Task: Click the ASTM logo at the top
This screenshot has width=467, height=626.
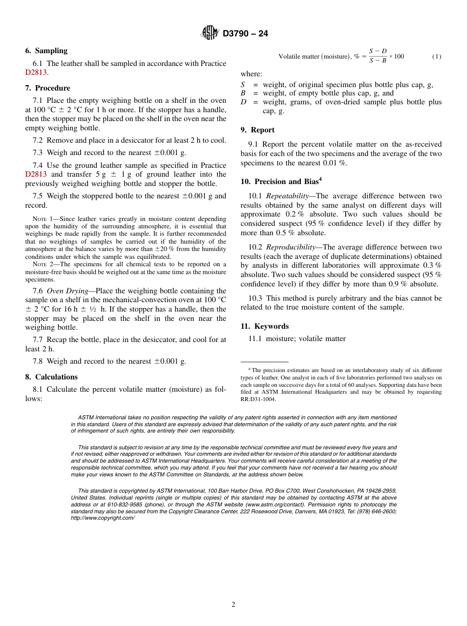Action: tap(210, 33)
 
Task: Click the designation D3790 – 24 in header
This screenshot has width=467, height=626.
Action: tap(245, 34)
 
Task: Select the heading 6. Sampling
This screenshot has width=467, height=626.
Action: tap(46, 51)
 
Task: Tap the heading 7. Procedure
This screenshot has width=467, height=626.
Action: tap(48, 88)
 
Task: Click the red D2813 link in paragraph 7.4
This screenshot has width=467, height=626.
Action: tap(36, 174)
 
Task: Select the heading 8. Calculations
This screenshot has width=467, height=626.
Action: tap(51, 377)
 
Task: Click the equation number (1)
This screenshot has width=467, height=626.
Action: tap(437, 57)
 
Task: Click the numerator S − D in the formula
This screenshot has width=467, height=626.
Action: tap(378, 51)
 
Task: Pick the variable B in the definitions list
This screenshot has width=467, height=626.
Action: tap(243, 93)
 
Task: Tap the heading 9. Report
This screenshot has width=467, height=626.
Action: tap(257, 130)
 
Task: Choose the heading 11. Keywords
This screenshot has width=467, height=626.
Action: tap(264, 326)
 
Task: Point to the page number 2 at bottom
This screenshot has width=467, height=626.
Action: tap(233, 605)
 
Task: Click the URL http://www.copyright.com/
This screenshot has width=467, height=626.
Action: tap(102, 518)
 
